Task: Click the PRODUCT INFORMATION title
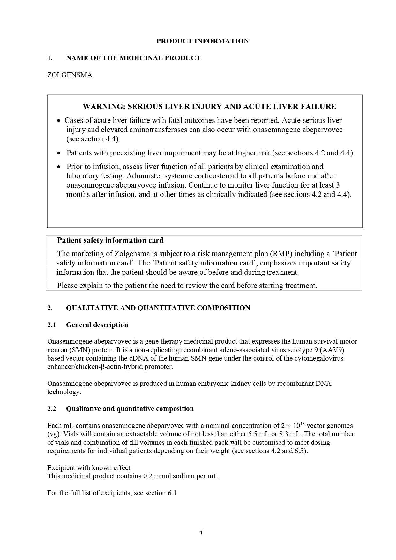pos(202,41)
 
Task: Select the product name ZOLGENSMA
pos(70,75)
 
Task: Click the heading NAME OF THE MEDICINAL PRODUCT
pos(133,58)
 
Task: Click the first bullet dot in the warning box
pos(58,121)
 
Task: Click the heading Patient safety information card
pos(110,240)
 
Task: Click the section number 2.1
pos(52,325)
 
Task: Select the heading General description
pos(97,325)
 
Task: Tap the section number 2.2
pos(52,409)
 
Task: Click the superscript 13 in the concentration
pos(303,424)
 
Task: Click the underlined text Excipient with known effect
pos(89,468)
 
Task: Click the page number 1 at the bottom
pos(201,533)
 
